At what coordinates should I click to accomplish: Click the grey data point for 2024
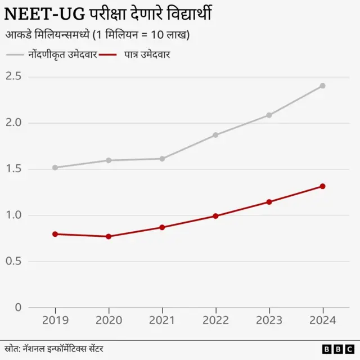[x=322, y=86]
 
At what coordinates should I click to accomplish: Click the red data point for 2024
[x=322, y=186]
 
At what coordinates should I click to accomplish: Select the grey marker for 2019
[x=55, y=168]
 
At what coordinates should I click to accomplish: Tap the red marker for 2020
[x=109, y=236]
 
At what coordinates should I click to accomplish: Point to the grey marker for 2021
[x=162, y=159]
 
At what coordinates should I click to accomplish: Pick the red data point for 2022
[x=215, y=216]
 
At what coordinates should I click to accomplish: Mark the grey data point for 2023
[x=269, y=115]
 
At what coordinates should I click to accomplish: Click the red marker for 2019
[x=55, y=234]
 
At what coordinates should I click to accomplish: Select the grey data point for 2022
[x=215, y=135]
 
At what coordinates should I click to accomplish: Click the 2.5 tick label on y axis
[x=13, y=76]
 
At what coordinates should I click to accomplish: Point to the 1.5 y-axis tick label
[x=13, y=169]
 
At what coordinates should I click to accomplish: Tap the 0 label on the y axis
[x=17, y=308]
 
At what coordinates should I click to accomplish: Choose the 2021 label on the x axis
[x=162, y=321]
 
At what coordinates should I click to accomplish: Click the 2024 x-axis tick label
[x=322, y=321]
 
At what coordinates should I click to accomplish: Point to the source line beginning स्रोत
[x=53, y=349]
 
